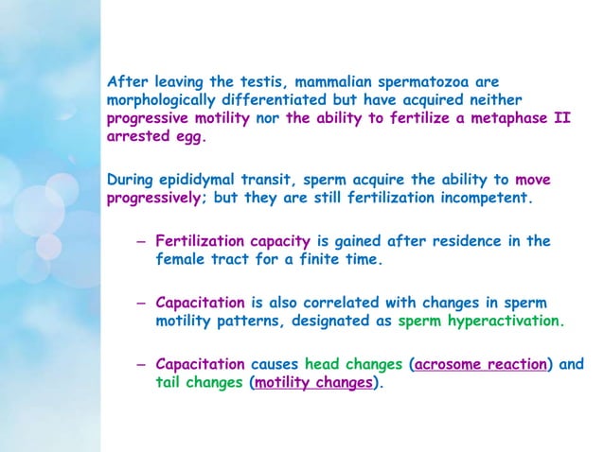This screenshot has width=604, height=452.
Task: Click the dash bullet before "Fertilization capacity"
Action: coord(140,241)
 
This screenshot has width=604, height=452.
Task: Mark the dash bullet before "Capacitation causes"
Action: coord(140,364)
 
